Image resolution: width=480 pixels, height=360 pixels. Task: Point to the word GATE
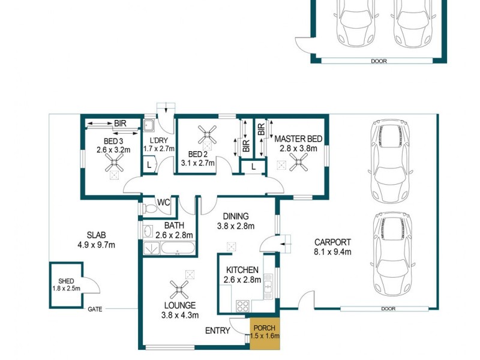[95, 310]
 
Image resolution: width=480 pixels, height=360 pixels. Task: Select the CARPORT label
[332, 242]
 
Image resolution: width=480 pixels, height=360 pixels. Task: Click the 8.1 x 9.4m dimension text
[332, 252]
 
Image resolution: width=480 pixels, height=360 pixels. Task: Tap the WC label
[163, 202]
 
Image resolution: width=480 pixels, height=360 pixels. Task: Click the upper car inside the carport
[390, 160]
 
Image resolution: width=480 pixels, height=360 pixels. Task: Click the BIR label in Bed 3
[120, 123]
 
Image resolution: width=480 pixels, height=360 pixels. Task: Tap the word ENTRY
[217, 331]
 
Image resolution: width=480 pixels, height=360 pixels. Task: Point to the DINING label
[236, 216]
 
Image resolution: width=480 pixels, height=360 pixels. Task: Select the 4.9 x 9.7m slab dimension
[96, 245]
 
